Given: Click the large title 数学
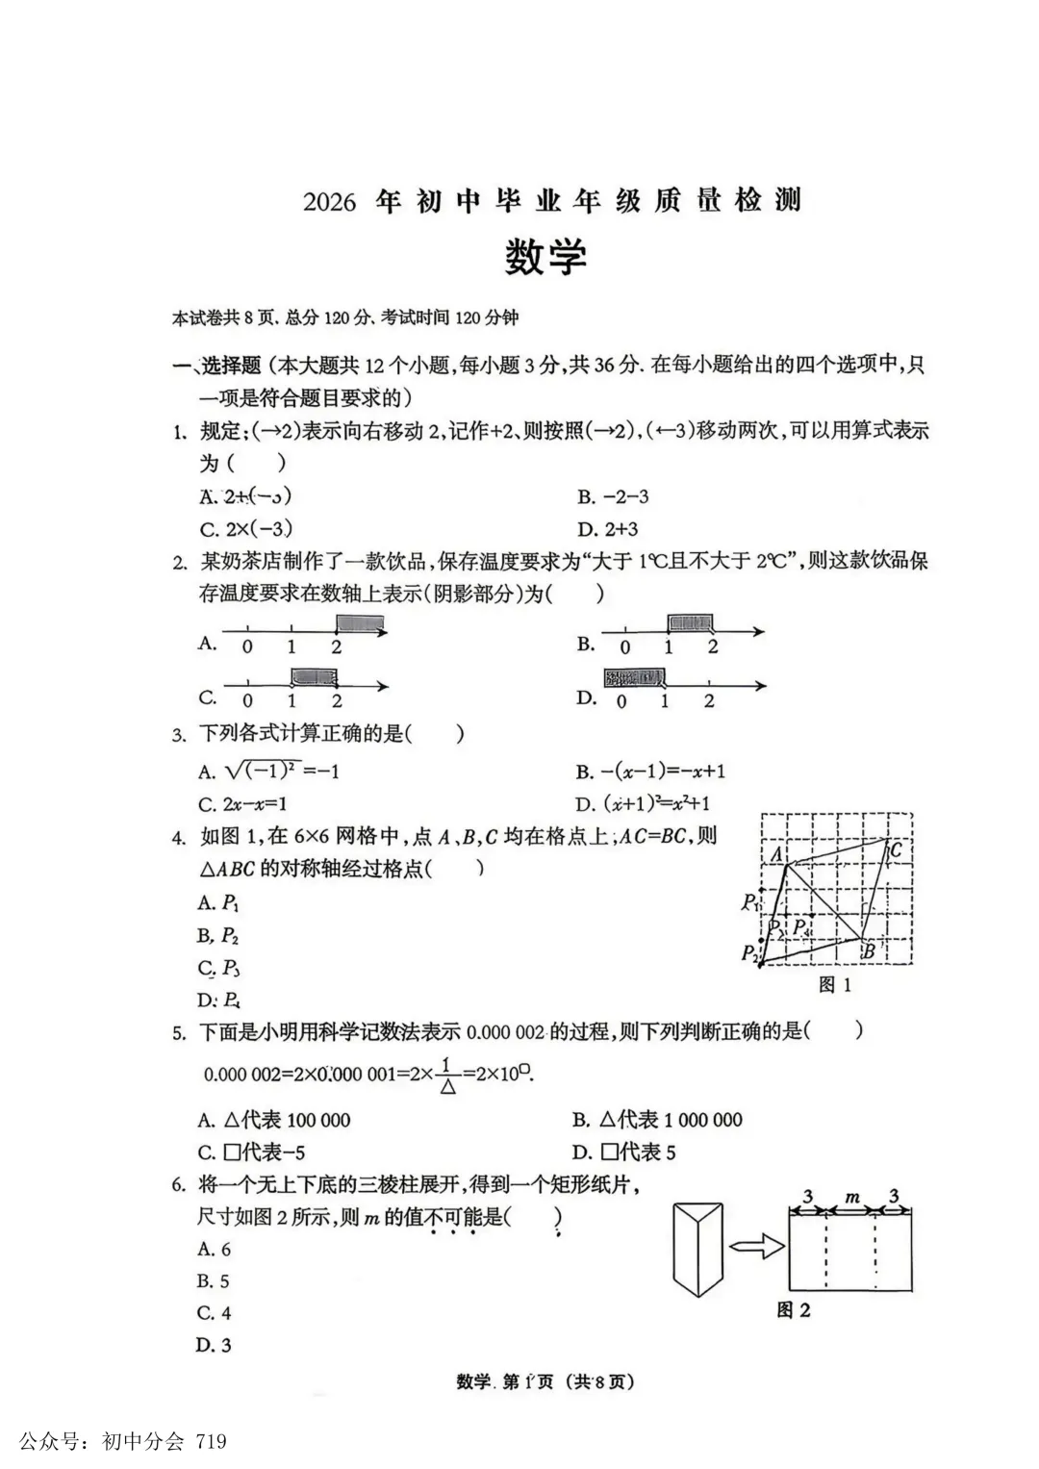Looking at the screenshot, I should click(545, 257).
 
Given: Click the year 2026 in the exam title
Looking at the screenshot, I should click(329, 202).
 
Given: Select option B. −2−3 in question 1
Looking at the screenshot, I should click(613, 496).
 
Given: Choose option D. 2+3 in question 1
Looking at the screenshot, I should click(607, 528).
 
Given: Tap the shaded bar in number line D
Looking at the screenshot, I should click(634, 677).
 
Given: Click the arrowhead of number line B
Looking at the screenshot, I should click(759, 632).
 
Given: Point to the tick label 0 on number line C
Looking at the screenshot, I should click(248, 701).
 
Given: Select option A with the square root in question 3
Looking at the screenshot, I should click(268, 771).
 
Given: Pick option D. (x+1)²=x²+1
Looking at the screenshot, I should click(656, 802).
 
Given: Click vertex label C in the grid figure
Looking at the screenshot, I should click(896, 850).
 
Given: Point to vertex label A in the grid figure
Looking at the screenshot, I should click(775, 852).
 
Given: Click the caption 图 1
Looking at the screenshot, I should click(834, 984).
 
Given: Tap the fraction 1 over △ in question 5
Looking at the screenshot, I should click(447, 1075).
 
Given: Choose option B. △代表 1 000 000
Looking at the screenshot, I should click(657, 1119).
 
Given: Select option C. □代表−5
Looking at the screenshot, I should click(251, 1152).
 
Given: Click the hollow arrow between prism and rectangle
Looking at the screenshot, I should click(756, 1247).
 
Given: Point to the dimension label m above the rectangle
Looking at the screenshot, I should click(851, 1197).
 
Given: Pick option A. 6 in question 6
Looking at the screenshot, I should click(215, 1249).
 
